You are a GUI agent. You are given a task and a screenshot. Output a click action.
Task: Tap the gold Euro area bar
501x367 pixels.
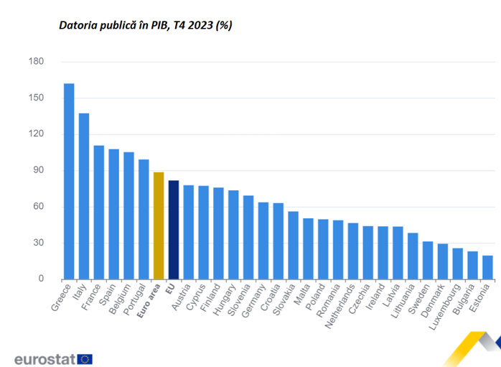[159, 226]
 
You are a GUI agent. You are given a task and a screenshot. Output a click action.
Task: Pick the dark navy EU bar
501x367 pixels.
[174, 230]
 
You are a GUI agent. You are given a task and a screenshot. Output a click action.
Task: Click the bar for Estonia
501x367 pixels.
[487, 267]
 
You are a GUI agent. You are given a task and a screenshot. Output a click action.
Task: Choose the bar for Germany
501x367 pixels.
[263, 241]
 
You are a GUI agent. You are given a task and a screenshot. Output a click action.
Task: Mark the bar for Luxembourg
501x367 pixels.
[458, 264]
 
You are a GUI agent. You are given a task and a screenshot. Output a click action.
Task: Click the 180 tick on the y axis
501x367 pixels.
[36, 62]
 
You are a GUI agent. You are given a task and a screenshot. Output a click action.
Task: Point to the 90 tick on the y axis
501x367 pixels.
[38, 170]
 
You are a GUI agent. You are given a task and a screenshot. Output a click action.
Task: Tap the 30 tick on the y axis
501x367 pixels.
[38, 243]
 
